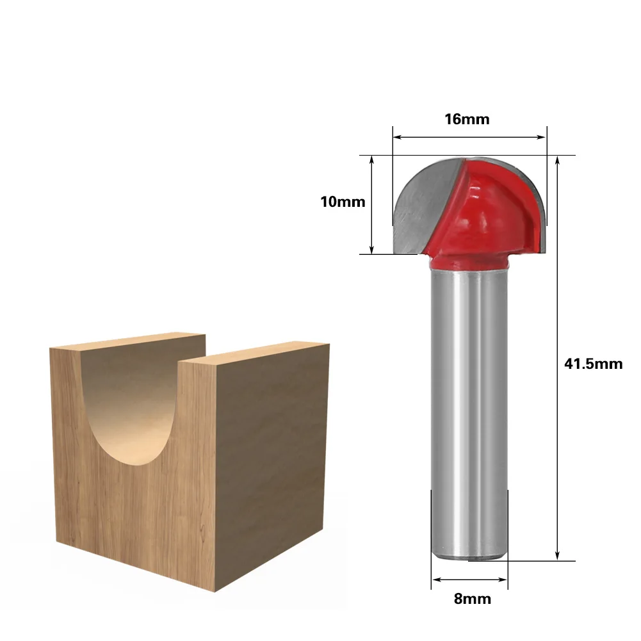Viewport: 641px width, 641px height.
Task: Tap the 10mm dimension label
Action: (x=343, y=202)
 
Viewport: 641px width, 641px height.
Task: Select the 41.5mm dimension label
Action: (x=593, y=364)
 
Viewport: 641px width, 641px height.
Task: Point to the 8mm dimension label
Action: (x=472, y=599)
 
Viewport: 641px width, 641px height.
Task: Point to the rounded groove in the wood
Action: (x=131, y=416)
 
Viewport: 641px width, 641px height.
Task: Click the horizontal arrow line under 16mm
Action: (x=469, y=136)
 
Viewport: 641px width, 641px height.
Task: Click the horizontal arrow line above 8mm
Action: (x=469, y=580)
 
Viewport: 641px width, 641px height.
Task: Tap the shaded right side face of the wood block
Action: (x=272, y=461)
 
